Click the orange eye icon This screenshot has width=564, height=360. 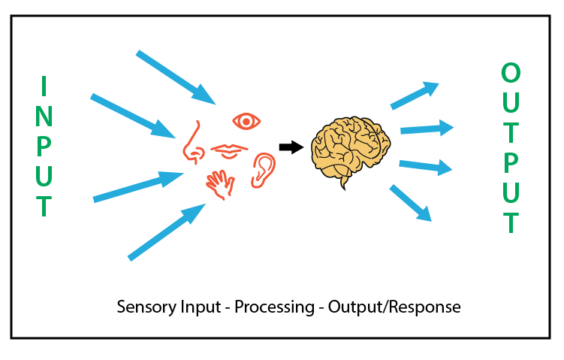pyautogui.click(x=246, y=122)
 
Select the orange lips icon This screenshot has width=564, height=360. pyautogui.click(x=229, y=150)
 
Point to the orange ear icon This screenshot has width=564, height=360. pyautogui.click(x=264, y=171)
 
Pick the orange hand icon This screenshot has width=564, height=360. pyautogui.click(x=220, y=184)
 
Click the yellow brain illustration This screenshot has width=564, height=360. pyautogui.click(x=351, y=150)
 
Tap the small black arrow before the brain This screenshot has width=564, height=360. pyautogui.click(x=291, y=147)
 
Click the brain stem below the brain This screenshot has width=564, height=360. pyautogui.click(x=344, y=183)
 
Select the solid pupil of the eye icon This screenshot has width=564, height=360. pyautogui.click(x=246, y=122)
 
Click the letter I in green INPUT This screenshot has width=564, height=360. pyautogui.click(x=44, y=86)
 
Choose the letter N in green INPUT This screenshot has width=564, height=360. pyautogui.click(x=44, y=116)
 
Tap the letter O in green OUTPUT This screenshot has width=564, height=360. pyautogui.click(x=511, y=72)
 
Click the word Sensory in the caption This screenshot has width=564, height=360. pyautogui.click(x=147, y=307)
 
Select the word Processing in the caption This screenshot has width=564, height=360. pyautogui.click(x=274, y=307)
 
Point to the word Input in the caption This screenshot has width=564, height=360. pyautogui.click(x=201, y=307)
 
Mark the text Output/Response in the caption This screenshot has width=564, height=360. pyautogui.click(x=394, y=307)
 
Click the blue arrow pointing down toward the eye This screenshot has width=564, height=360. pyautogui.click(x=176, y=77)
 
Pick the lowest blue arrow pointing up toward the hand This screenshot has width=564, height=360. pyautogui.click(x=167, y=231)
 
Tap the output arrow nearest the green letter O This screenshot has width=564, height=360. pyautogui.click(x=415, y=95)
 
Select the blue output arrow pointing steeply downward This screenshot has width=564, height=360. pyautogui.click(x=410, y=203)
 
